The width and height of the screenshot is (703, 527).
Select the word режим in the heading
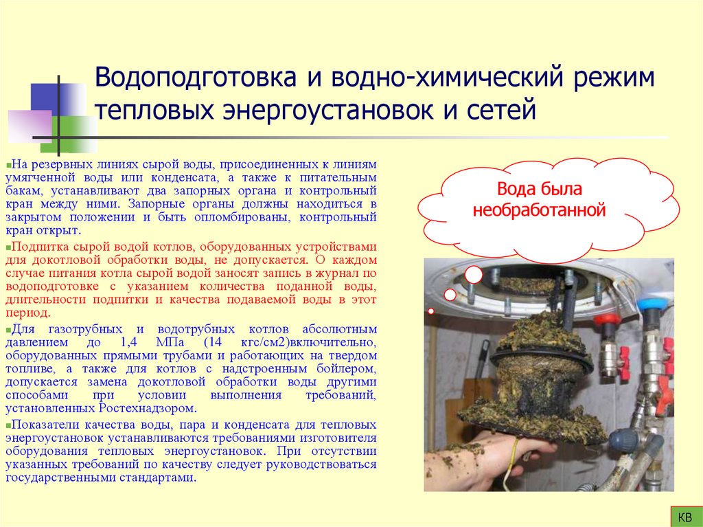coord(610,78)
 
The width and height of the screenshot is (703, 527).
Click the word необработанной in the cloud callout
coord(539,209)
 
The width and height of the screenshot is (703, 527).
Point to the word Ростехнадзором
coord(143,407)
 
